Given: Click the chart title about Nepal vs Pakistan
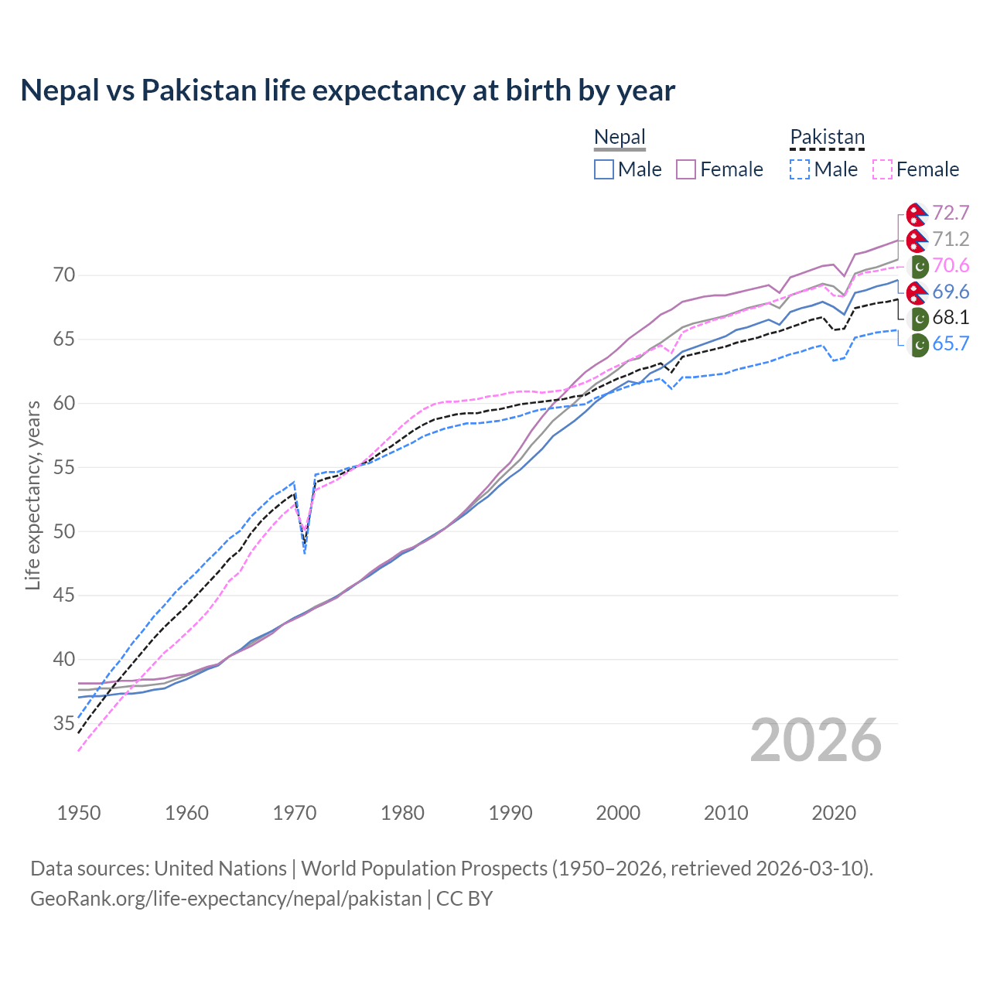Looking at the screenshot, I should [x=347, y=90].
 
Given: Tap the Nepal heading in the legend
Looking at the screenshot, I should [x=620, y=138].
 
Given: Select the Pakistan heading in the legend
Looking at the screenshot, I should [x=827, y=138].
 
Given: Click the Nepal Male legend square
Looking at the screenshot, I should [x=604, y=169].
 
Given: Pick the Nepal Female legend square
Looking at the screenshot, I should [x=686, y=169].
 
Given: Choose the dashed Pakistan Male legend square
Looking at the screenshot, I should [x=800, y=169].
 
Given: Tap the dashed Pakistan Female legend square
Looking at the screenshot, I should [x=882, y=169].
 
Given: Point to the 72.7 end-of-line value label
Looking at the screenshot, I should [x=951, y=213].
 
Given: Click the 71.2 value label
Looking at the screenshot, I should [x=951, y=239].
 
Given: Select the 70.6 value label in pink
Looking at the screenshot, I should [x=951, y=265].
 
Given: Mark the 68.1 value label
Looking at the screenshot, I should [x=951, y=318].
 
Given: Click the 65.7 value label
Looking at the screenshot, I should [x=951, y=344].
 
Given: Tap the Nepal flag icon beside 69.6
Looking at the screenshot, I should [x=917, y=292].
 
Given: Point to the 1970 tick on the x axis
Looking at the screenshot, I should [x=295, y=813].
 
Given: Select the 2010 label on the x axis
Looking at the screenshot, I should [x=725, y=813].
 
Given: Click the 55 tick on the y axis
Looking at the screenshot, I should [x=64, y=467].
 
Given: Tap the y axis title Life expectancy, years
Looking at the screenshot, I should [x=32, y=495].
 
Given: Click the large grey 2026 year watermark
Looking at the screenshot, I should [x=815, y=740].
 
